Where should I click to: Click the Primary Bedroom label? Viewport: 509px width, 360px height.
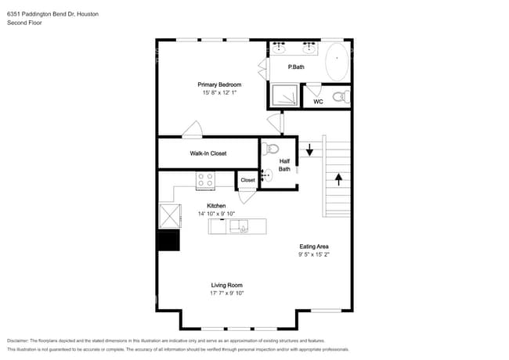point(219,85)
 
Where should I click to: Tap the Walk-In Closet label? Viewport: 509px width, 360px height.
point(208,153)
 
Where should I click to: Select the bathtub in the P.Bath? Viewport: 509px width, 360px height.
point(337,62)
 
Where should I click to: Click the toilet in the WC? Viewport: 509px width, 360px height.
point(341,96)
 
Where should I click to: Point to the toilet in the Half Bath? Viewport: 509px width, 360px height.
point(270,149)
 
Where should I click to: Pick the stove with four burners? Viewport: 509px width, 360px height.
point(205,180)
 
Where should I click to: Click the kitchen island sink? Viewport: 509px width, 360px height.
point(240,226)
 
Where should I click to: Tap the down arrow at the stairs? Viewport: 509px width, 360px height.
point(309,149)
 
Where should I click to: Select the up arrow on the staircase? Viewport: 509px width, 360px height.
point(338,180)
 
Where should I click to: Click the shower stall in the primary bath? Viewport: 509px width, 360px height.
point(284,95)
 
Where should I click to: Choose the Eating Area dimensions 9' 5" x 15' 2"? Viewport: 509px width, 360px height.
point(314,254)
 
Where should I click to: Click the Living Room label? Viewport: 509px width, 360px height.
point(226,285)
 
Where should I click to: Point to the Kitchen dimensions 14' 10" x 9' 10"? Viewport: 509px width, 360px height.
point(216,214)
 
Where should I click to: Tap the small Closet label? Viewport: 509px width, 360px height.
point(247,180)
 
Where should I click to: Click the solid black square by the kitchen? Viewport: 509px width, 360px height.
point(168,240)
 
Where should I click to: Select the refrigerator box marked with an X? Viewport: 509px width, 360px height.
point(170,216)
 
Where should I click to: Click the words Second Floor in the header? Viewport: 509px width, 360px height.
point(24,23)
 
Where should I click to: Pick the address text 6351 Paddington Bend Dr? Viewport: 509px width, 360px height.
point(41,14)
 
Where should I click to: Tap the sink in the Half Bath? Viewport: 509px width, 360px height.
point(267,175)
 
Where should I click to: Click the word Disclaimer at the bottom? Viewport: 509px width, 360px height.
point(18,340)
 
